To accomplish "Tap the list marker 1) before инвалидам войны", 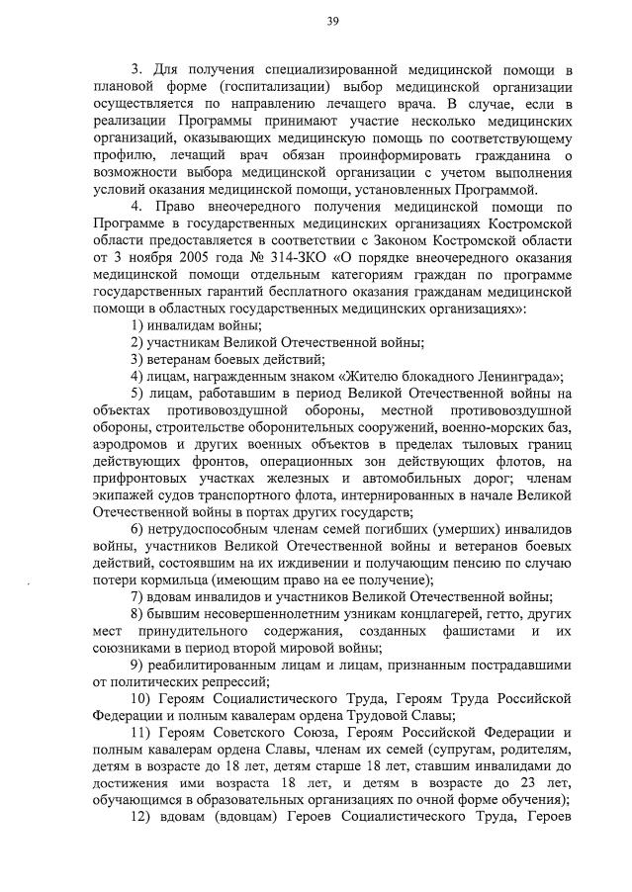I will click(139, 324).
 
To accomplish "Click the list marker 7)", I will click(139, 595).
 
